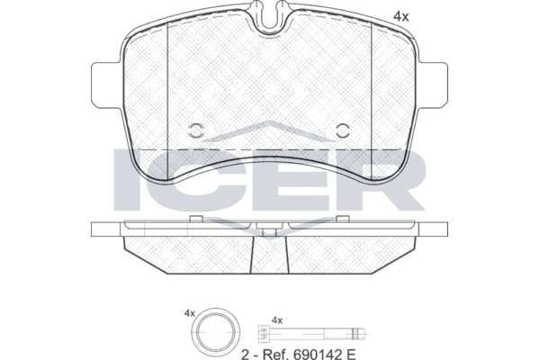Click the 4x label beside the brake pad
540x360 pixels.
401,16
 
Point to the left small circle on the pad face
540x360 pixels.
196,130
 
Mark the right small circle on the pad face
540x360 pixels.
343,130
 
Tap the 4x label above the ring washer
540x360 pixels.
189,313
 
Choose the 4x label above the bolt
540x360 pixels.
277,320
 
